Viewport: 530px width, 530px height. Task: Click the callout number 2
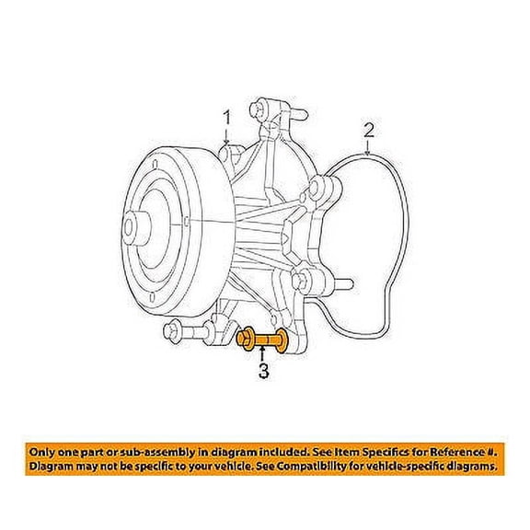pos(368,130)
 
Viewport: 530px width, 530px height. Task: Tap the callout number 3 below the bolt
pos(263,373)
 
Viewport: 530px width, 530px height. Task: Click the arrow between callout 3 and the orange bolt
pos(263,357)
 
